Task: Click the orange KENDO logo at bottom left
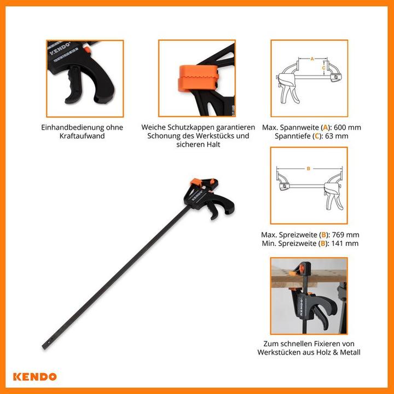pyautogui.click(x=36, y=376)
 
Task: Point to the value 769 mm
pyautogui.click(x=344, y=235)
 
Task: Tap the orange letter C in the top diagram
pyautogui.click(x=323, y=68)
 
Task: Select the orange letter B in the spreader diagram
pyautogui.click(x=309, y=169)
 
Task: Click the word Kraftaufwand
pyautogui.click(x=82, y=136)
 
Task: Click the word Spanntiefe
pyautogui.click(x=293, y=136)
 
